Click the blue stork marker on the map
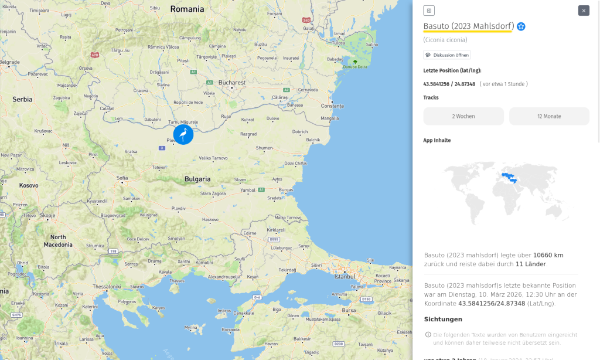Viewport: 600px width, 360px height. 183,135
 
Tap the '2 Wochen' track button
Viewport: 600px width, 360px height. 463,116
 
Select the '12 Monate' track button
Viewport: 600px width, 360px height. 549,116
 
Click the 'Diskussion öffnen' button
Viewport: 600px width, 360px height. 447,55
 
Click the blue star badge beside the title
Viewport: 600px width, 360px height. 521,26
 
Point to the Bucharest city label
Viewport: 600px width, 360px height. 232,83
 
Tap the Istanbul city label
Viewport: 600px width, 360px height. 345,276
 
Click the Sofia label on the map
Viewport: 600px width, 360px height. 122,177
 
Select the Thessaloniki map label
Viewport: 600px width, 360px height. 106,286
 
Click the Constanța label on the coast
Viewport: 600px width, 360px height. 333,106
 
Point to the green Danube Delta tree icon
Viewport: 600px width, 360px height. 354,61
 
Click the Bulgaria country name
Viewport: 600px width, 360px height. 197,178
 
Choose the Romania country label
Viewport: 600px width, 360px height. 187,9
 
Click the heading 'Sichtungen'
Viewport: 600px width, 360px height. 443,319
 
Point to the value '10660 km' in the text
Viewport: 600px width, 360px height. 548,255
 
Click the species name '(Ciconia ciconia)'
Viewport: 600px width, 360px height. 445,40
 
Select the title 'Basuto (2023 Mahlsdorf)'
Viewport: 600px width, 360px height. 469,26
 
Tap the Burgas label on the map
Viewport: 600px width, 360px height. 286,190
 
